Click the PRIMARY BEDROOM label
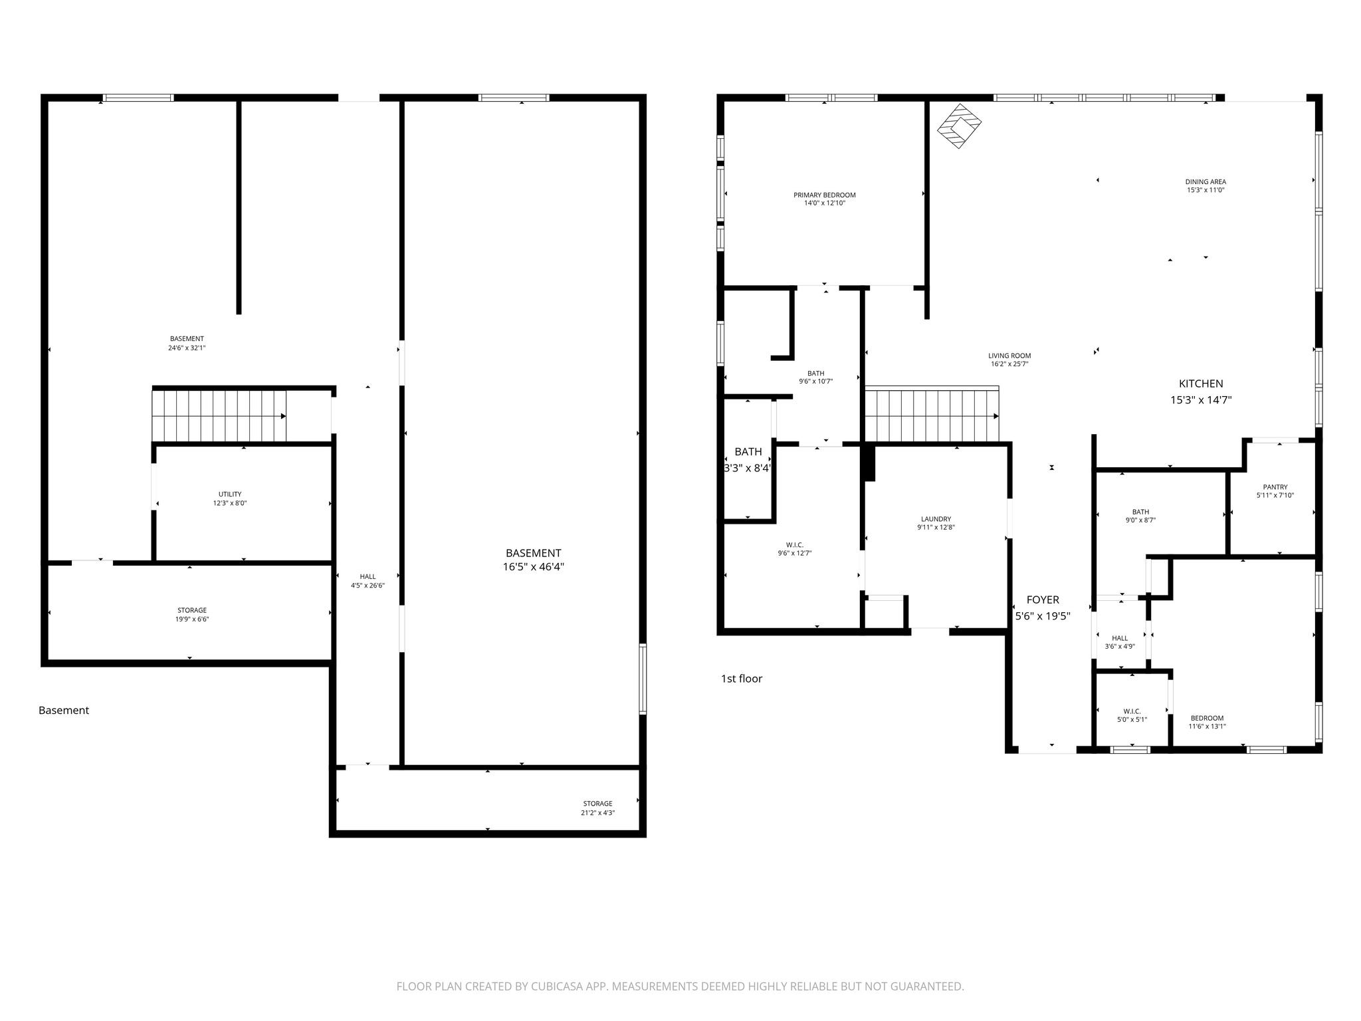tap(824, 199)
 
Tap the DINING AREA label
tap(1205, 185)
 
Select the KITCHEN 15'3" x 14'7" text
tap(1201, 392)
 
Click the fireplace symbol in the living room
tap(959, 126)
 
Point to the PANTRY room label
tap(1275, 491)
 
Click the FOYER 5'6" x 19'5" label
tap(1043, 608)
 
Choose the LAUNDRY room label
tap(936, 523)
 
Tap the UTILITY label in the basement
tap(230, 499)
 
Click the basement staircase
tap(219, 416)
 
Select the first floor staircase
tap(932, 416)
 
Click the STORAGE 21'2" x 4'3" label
tap(597, 808)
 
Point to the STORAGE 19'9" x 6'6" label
tap(192, 614)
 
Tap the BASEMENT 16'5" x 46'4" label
tap(533, 560)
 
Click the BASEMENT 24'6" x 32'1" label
tap(187, 343)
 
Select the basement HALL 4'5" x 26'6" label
tap(367, 581)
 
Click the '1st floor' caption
tap(741, 679)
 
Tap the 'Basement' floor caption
tap(64, 710)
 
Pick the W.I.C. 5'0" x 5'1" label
tap(1132, 715)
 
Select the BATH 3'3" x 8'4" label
tap(748, 459)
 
